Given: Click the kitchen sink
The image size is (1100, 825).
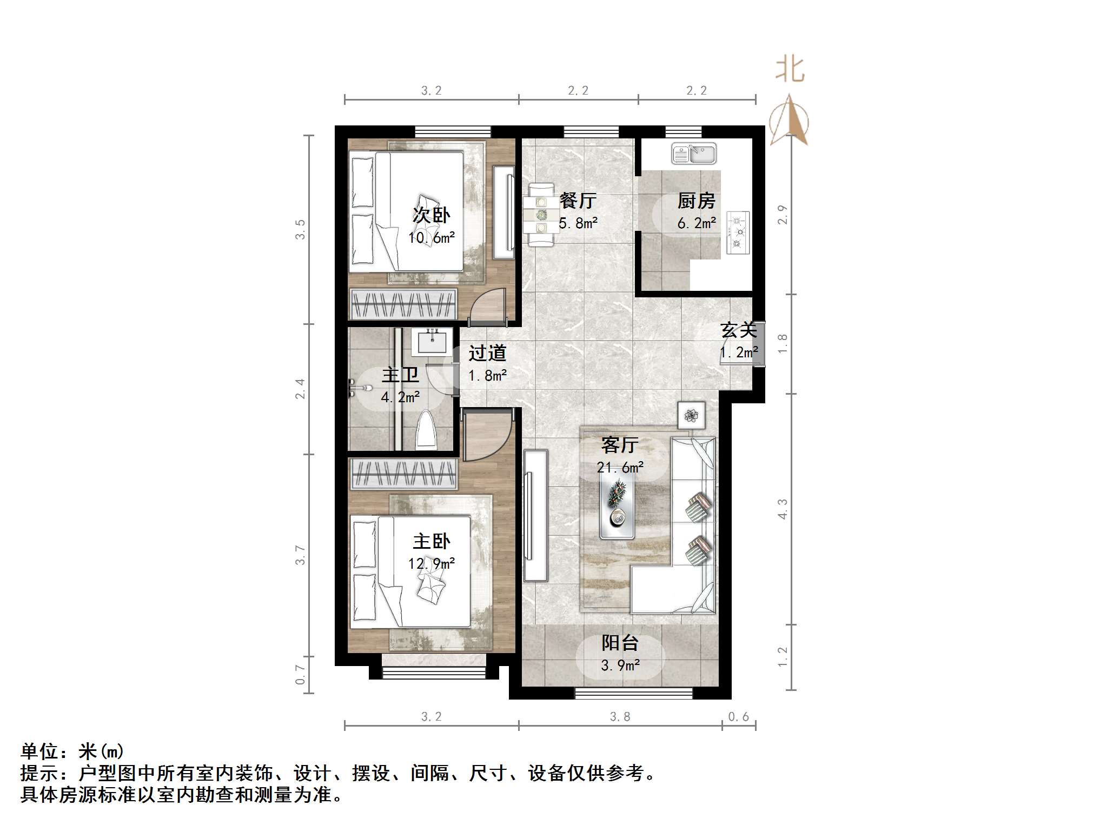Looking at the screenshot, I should click(694, 154).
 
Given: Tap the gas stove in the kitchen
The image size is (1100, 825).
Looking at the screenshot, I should click(737, 232).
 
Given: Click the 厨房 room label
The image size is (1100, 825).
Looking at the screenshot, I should click(696, 201).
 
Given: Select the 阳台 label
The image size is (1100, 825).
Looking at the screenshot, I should click(620, 643).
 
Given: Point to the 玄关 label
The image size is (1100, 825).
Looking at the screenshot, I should click(738, 330).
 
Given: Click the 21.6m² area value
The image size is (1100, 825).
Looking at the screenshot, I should click(620, 468).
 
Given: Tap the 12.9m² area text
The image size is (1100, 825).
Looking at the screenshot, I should click(431, 564).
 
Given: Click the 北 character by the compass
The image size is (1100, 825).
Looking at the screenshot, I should click(790, 70).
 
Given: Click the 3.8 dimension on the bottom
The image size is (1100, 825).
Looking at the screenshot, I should click(620, 717).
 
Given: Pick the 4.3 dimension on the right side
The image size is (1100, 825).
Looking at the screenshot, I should click(782, 509).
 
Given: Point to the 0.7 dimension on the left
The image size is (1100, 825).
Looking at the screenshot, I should click(300, 675).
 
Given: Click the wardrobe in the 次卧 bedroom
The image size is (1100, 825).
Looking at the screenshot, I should click(403, 305).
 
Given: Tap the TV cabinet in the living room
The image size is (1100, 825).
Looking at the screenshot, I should click(535, 515).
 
